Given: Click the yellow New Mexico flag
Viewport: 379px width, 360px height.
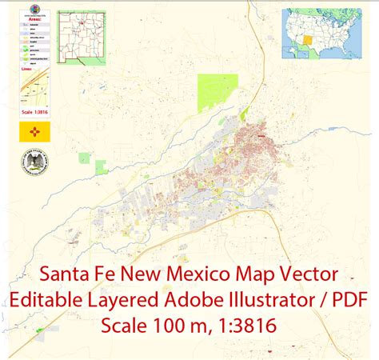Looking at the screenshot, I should pyautogui.click(x=34, y=133).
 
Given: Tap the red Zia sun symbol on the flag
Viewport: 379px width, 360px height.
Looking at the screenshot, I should pyautogui.click(x=34, y=133).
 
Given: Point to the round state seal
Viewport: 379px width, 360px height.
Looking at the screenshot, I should pyautogui.click(x=34, y=166).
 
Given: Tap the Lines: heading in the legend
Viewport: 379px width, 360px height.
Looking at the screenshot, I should pyautogui.click(x=27, y=68).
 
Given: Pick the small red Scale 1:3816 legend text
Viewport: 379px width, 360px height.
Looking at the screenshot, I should pyautogui.click(x=34, y=110).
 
